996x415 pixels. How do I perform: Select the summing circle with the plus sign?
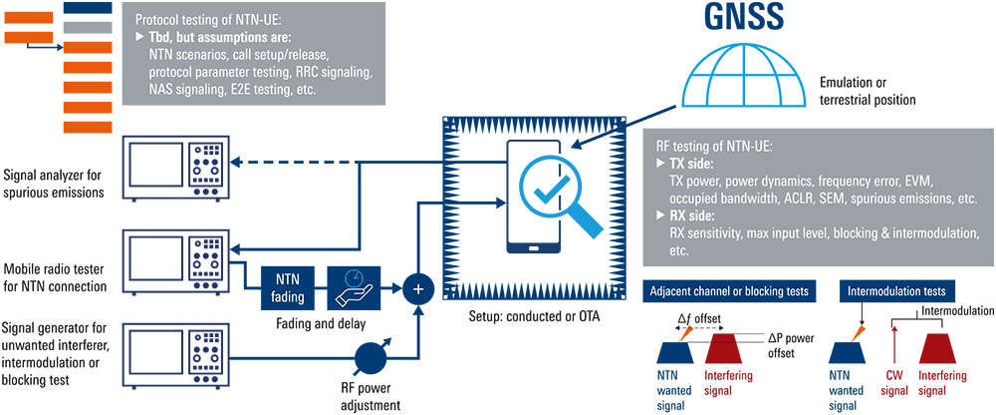point(417,288)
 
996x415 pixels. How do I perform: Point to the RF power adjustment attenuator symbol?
point(372,356)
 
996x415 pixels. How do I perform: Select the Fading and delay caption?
point(319,322)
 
